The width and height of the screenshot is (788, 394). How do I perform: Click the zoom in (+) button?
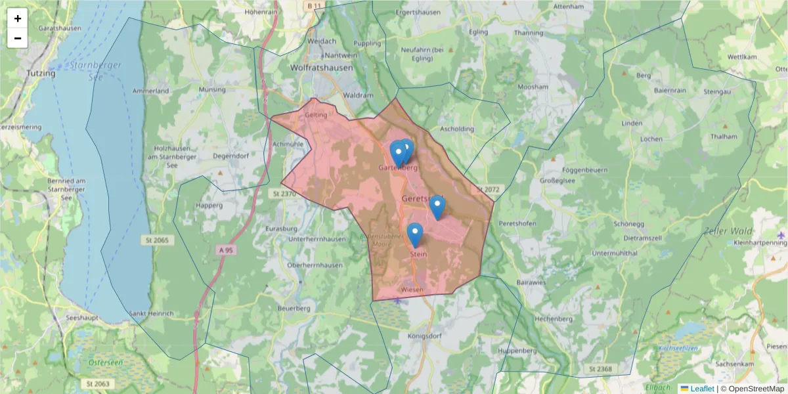[18, 18]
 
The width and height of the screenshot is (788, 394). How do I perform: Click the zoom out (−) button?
[18, 38]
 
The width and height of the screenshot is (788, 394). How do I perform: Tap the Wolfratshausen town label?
[321, 68]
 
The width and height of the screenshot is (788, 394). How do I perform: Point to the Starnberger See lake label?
[89, 71]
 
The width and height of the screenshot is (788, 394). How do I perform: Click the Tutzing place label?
[41, 74]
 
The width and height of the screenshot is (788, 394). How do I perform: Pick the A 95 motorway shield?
[226, 250]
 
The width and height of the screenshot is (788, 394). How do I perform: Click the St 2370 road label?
[283, 194]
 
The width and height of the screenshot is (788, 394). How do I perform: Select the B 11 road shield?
[315, 5]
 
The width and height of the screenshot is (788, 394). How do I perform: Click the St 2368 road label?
[600, 370]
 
